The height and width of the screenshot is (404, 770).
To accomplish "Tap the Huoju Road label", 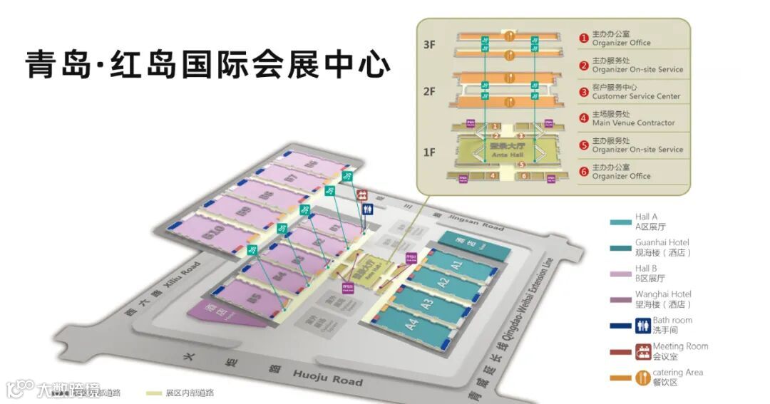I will click(x=327, y=378).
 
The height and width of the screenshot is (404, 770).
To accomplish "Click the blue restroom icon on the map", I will click(x=368, y=209).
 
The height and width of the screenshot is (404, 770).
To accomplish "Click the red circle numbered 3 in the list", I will click(x=583, y=92).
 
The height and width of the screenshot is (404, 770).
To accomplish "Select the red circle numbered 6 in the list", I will click(x=583, y=172).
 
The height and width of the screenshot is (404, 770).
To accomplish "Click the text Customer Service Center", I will click(x=636, y=96).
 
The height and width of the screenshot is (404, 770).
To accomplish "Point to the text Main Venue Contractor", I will click(x=633, y=123).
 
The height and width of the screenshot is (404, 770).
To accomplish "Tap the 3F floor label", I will click(x=429, y=44).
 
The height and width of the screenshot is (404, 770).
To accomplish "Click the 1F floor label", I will click(x=429, y=152).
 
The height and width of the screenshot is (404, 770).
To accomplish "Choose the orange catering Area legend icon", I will click(x=642, y=378).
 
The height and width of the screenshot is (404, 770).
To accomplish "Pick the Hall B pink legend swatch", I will click(x=620, y=274).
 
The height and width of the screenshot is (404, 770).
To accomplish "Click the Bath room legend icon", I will click(x=642, y=325).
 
